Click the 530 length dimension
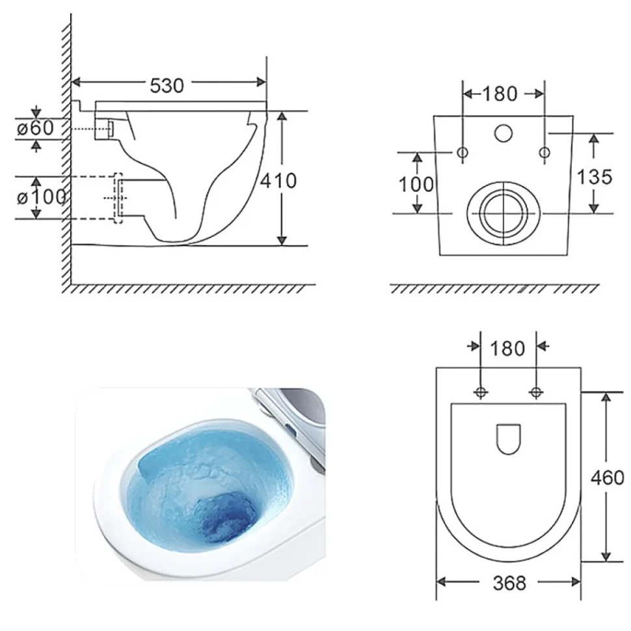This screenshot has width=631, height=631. (167, 85)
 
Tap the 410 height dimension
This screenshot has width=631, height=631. (278, 181)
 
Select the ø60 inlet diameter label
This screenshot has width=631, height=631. (35, 128)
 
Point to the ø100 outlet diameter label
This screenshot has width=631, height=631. (42, 197)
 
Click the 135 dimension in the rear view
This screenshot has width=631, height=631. (595, 177)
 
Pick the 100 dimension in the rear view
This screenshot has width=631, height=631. (416, 185)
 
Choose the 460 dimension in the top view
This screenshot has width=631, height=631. (607, 477)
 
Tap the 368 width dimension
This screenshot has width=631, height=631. (509, 583)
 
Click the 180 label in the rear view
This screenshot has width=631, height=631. (500, 94)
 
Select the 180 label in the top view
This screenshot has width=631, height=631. (507, 349)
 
